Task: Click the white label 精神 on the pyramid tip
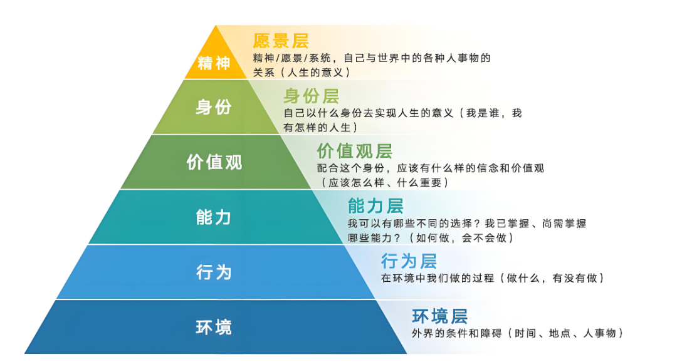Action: pos(214,63)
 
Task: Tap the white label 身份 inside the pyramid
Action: pos(214,107)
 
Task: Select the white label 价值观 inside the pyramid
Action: pos(214,162)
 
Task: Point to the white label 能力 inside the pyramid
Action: pos(214,217)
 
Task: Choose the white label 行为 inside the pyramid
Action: pos(214,272)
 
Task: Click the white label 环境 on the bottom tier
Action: pos(214,327)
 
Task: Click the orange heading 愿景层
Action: pos(281,41)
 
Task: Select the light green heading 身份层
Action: pos(312,96)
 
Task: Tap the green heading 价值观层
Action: pos(355,152)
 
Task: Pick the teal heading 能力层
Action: pos(375,206)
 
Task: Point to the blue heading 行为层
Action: pos(409,261)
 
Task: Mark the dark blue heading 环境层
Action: pos(439,316)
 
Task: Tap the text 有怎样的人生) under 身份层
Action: pos(320,128)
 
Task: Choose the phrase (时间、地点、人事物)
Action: pos(565,333)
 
